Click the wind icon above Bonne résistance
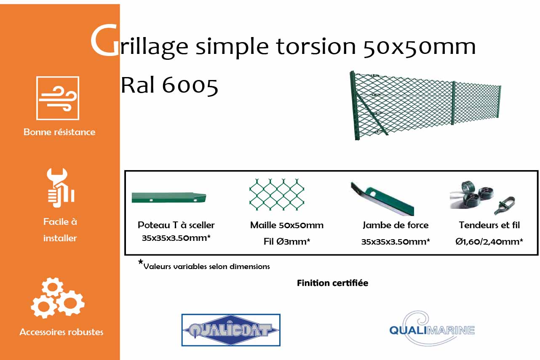point(58,98)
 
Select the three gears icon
point(57,298)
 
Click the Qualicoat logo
point(230,330)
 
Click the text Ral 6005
point(169,85)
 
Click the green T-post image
point(168,198)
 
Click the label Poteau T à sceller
point(176,225)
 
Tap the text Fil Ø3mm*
point(286,241)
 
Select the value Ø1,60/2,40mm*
point(489,241)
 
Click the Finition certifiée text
point(332,283)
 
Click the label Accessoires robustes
point(61,332)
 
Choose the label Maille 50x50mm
point(286,225)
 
